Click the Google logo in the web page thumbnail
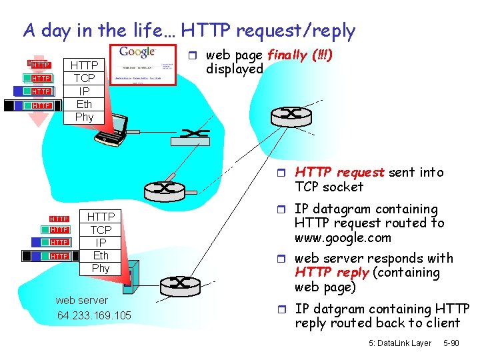[138, 52]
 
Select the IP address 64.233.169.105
[94, 315]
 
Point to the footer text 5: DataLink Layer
[399, 343]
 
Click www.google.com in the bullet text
[343, 238]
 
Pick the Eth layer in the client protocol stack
[85, 104]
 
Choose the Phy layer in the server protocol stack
[101, 268]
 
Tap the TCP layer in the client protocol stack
[85, 78]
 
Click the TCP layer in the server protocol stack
[101, 229]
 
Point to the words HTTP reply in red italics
[331, 273]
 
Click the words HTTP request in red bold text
[340, 173]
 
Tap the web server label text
[81, 301]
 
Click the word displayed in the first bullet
[235, 69]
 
